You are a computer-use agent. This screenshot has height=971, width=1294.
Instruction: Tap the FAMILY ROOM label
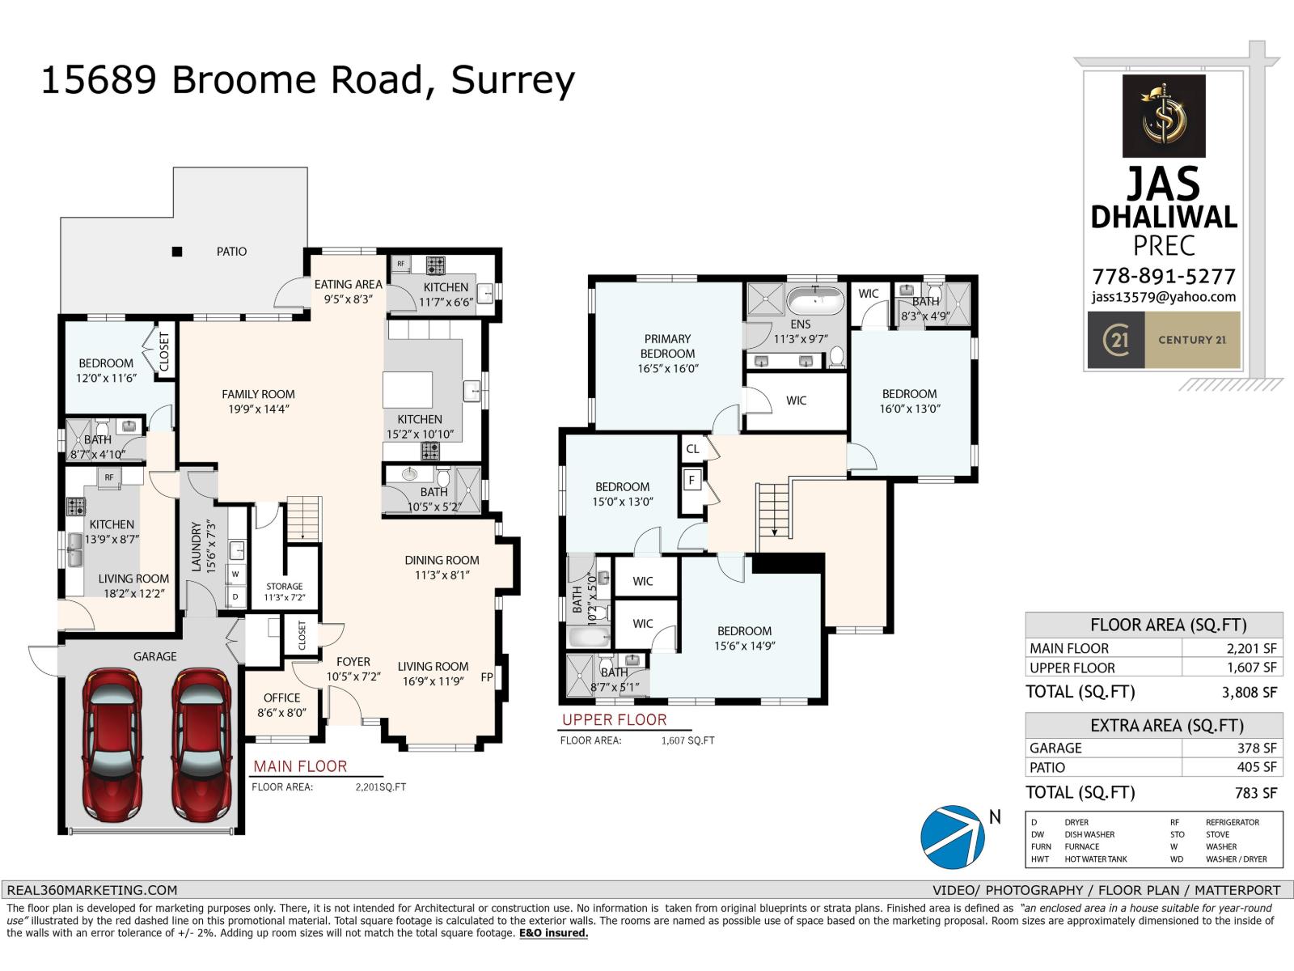click(x=258, y=394)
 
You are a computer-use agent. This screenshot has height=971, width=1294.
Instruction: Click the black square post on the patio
click(x=176, y=252)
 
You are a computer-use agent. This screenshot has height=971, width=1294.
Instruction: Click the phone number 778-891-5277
click(x=1163, y=276)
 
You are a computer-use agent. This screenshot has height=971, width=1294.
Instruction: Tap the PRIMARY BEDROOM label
click(x=667, y=346)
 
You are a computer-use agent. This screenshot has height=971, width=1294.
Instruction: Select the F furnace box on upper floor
click(x=691, y=480)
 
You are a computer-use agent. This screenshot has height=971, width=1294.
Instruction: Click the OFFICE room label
click(x=281, y=698)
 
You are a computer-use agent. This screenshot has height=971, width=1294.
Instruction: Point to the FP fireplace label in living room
click(x=487, y=677)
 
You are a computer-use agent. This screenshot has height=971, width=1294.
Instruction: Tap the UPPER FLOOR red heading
click(x=615, y=719)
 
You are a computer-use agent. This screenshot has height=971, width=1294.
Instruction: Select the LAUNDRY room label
click(x=196, y=546)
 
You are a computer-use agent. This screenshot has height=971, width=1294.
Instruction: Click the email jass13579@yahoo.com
click(x=1163, y=297)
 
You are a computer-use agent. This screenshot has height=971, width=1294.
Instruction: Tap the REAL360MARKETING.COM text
click(x=91, y=889)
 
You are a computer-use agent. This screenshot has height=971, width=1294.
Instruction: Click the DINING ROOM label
click(x=442, y=560)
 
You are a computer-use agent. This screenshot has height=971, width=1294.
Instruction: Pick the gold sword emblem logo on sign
click(x=1163, y=116)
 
